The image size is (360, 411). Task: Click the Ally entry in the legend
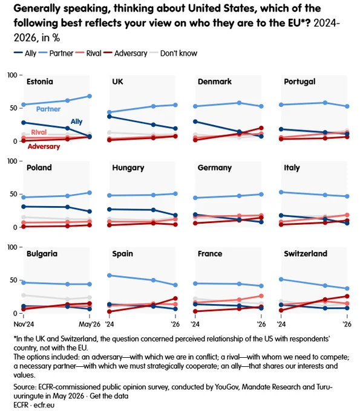(x=25, y=53)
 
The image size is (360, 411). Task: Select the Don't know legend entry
(x=174, y=53)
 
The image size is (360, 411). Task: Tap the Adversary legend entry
(x=125, y=53)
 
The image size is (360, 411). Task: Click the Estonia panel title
(x=40, y=82)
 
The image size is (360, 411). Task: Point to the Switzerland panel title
(x=306, y=253)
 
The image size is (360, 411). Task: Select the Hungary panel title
(x=128, y=168)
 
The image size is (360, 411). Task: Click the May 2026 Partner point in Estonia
(x=90, y=96)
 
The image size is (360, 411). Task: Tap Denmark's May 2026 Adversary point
(x=261, y=128)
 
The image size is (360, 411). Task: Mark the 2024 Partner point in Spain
(x=110, y=276)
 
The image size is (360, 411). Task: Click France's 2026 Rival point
(x=261, y=296)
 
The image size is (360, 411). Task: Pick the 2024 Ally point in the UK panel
(x=110, y=117)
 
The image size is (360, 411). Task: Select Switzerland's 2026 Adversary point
(x=347, y=296)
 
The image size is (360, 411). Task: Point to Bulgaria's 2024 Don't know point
(x=24, y=295)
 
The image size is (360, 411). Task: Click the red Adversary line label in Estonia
(x=44, y=146)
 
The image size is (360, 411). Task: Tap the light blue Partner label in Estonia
(x=48, y=109)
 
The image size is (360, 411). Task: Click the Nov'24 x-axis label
(x=24, y=324)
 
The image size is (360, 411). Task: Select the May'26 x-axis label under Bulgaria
(x=90, y=324)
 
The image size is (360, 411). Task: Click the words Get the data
(x=109, y=396)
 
